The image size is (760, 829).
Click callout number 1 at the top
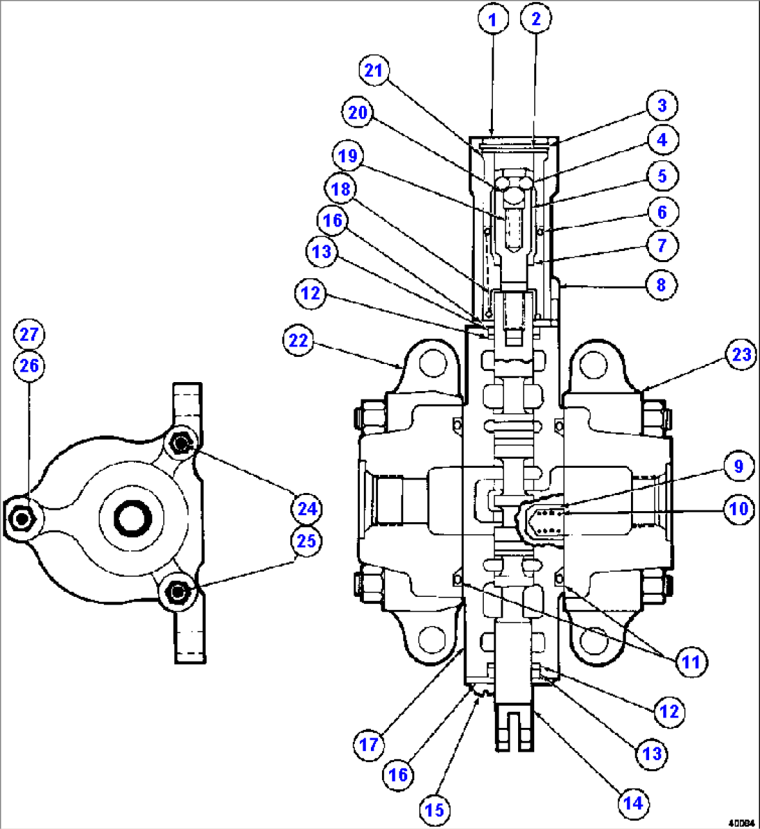(x=492, y=20)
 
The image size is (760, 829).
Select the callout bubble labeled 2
(x=535, y=20)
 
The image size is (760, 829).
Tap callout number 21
(x=374, y=70)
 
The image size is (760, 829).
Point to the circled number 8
(x=661, y=284)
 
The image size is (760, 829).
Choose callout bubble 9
(x=738, y=466)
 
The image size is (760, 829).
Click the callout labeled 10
(x=738, y=509)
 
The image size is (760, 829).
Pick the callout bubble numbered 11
(x=690, y=661)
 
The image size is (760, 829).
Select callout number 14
(x=632, y=803)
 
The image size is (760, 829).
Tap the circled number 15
(x=434, y=810)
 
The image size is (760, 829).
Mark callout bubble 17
(x=368, y=745)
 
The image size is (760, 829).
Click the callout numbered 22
(x=298, y=341)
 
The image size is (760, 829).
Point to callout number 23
(x=740, y=355)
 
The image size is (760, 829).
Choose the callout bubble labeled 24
(x=307, y=509)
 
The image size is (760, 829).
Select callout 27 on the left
(x=29, y=334)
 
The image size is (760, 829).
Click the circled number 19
(x=348, y=155)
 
